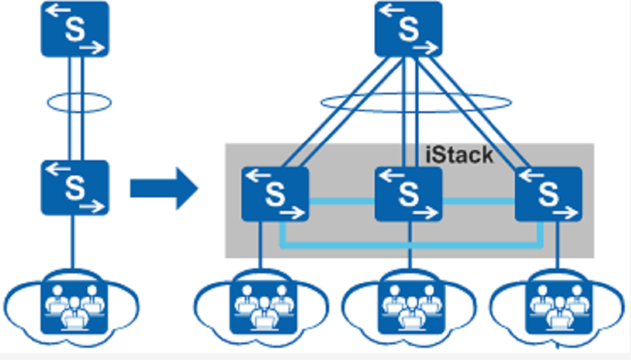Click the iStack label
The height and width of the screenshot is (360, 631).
459,155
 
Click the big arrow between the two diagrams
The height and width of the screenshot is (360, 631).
164,188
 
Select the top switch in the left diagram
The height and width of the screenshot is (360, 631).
75,28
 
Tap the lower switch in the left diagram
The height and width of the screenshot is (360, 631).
75,188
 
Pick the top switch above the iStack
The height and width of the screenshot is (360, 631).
408,28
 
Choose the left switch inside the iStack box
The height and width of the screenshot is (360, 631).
275,194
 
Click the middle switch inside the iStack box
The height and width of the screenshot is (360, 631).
408,194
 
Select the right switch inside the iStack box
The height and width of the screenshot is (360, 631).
548,194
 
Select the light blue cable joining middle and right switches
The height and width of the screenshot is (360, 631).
478,201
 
